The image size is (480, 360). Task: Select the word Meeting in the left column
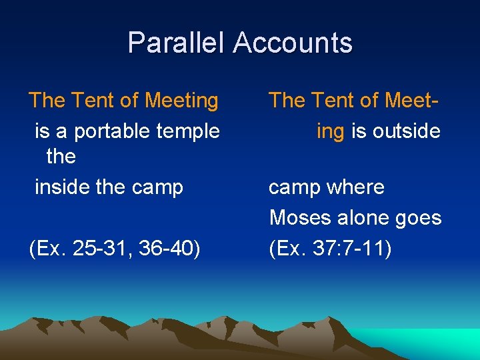point(181,101)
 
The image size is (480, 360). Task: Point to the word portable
point(113,131)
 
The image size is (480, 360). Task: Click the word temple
point(189,131)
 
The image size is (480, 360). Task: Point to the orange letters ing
point(331,131)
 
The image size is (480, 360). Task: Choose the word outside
point(406,131)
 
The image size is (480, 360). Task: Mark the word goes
point(423,218)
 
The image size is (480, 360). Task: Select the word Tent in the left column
point(90,101)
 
